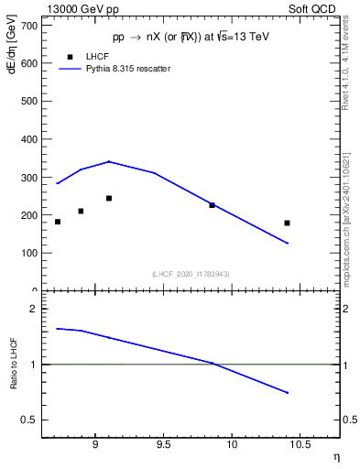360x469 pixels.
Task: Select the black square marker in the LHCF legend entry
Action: click(71, 56)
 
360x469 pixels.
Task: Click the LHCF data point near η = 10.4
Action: click(287, 223)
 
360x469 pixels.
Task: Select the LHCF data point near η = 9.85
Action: click(212, 205)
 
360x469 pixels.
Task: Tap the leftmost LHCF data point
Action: click(58, 222)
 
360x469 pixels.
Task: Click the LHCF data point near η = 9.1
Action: click(109, 198)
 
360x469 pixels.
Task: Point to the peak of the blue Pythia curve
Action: click(109, 161)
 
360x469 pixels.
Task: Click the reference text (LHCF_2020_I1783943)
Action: click(191, 274)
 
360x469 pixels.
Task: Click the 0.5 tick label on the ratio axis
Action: click(27, 420)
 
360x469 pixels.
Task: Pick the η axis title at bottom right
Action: click(336, 457)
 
